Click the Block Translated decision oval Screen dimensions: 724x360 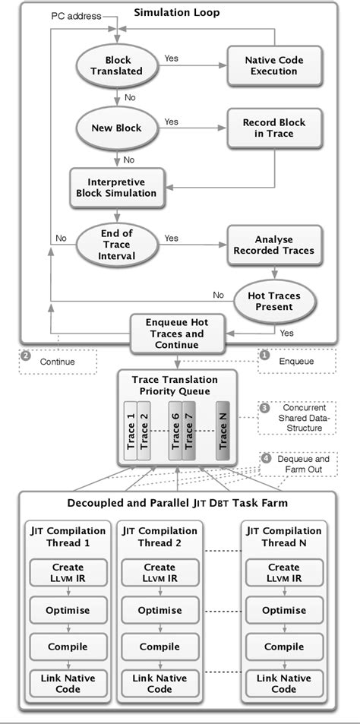(117, 65)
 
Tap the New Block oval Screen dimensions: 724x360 (117, 128)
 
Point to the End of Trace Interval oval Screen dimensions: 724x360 (117, 244)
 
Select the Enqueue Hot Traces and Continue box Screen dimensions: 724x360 (176, 334)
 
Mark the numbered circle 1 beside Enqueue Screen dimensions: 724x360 (264, 355)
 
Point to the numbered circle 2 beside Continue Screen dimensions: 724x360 (26, 356)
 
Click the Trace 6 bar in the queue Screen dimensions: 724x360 (175, 432)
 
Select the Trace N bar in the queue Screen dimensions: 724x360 (223, 432)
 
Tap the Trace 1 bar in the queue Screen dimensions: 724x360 (131, 432)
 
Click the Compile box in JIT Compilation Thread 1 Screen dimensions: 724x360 (68, 647)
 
